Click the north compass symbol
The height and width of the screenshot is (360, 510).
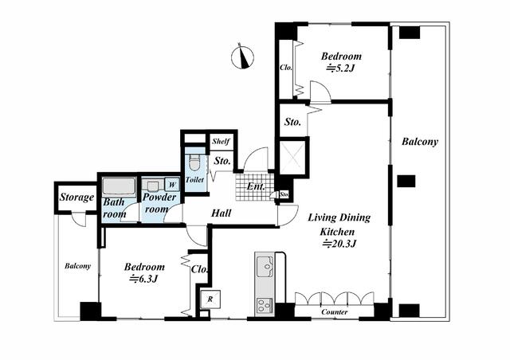pyautogui.click(x=242, y=57)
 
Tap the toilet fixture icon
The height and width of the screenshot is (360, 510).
pyautogui.click(x=194, y=162)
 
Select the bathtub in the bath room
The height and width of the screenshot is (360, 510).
pyautogui.click(x=119, y=186)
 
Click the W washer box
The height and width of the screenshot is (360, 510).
pyautogui.click(x=172, y=185)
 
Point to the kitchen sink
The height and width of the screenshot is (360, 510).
pyautogui.click(x=265, y=266)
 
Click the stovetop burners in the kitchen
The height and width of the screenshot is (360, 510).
pyautogui.click(x=264, y=306)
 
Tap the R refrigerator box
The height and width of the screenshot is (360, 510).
pyautogui.click(x=210, y=299)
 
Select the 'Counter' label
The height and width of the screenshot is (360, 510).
pyautogui.click(x=334, y=312)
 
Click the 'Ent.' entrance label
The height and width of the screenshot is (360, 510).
pyautogui.click(x=256, y=186)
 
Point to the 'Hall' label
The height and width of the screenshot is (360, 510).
pyautogui.click(x=222, y=213)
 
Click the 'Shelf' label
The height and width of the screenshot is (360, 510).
pyautogui.click(x=221, y=142)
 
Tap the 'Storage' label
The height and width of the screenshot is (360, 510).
pyautogui.click(x=76, y=198)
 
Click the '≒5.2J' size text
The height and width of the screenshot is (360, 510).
pyautogui.click(x=339, y=68)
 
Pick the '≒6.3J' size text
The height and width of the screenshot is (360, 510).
pyautogui.click(x=143, y=279)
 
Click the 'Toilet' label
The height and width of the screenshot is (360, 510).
pyautogui.click(x=194, y=179)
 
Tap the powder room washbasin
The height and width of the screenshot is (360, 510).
pyautogui.click(x=152, y=186)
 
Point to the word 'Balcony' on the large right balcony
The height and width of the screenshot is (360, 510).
pyautogui.click(x=420, y=142)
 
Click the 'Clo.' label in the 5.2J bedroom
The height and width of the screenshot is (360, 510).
pyautogui.click(x=286, y=68)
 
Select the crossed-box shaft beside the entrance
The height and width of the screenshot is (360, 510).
pyautogui.click(x=292, y=158)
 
